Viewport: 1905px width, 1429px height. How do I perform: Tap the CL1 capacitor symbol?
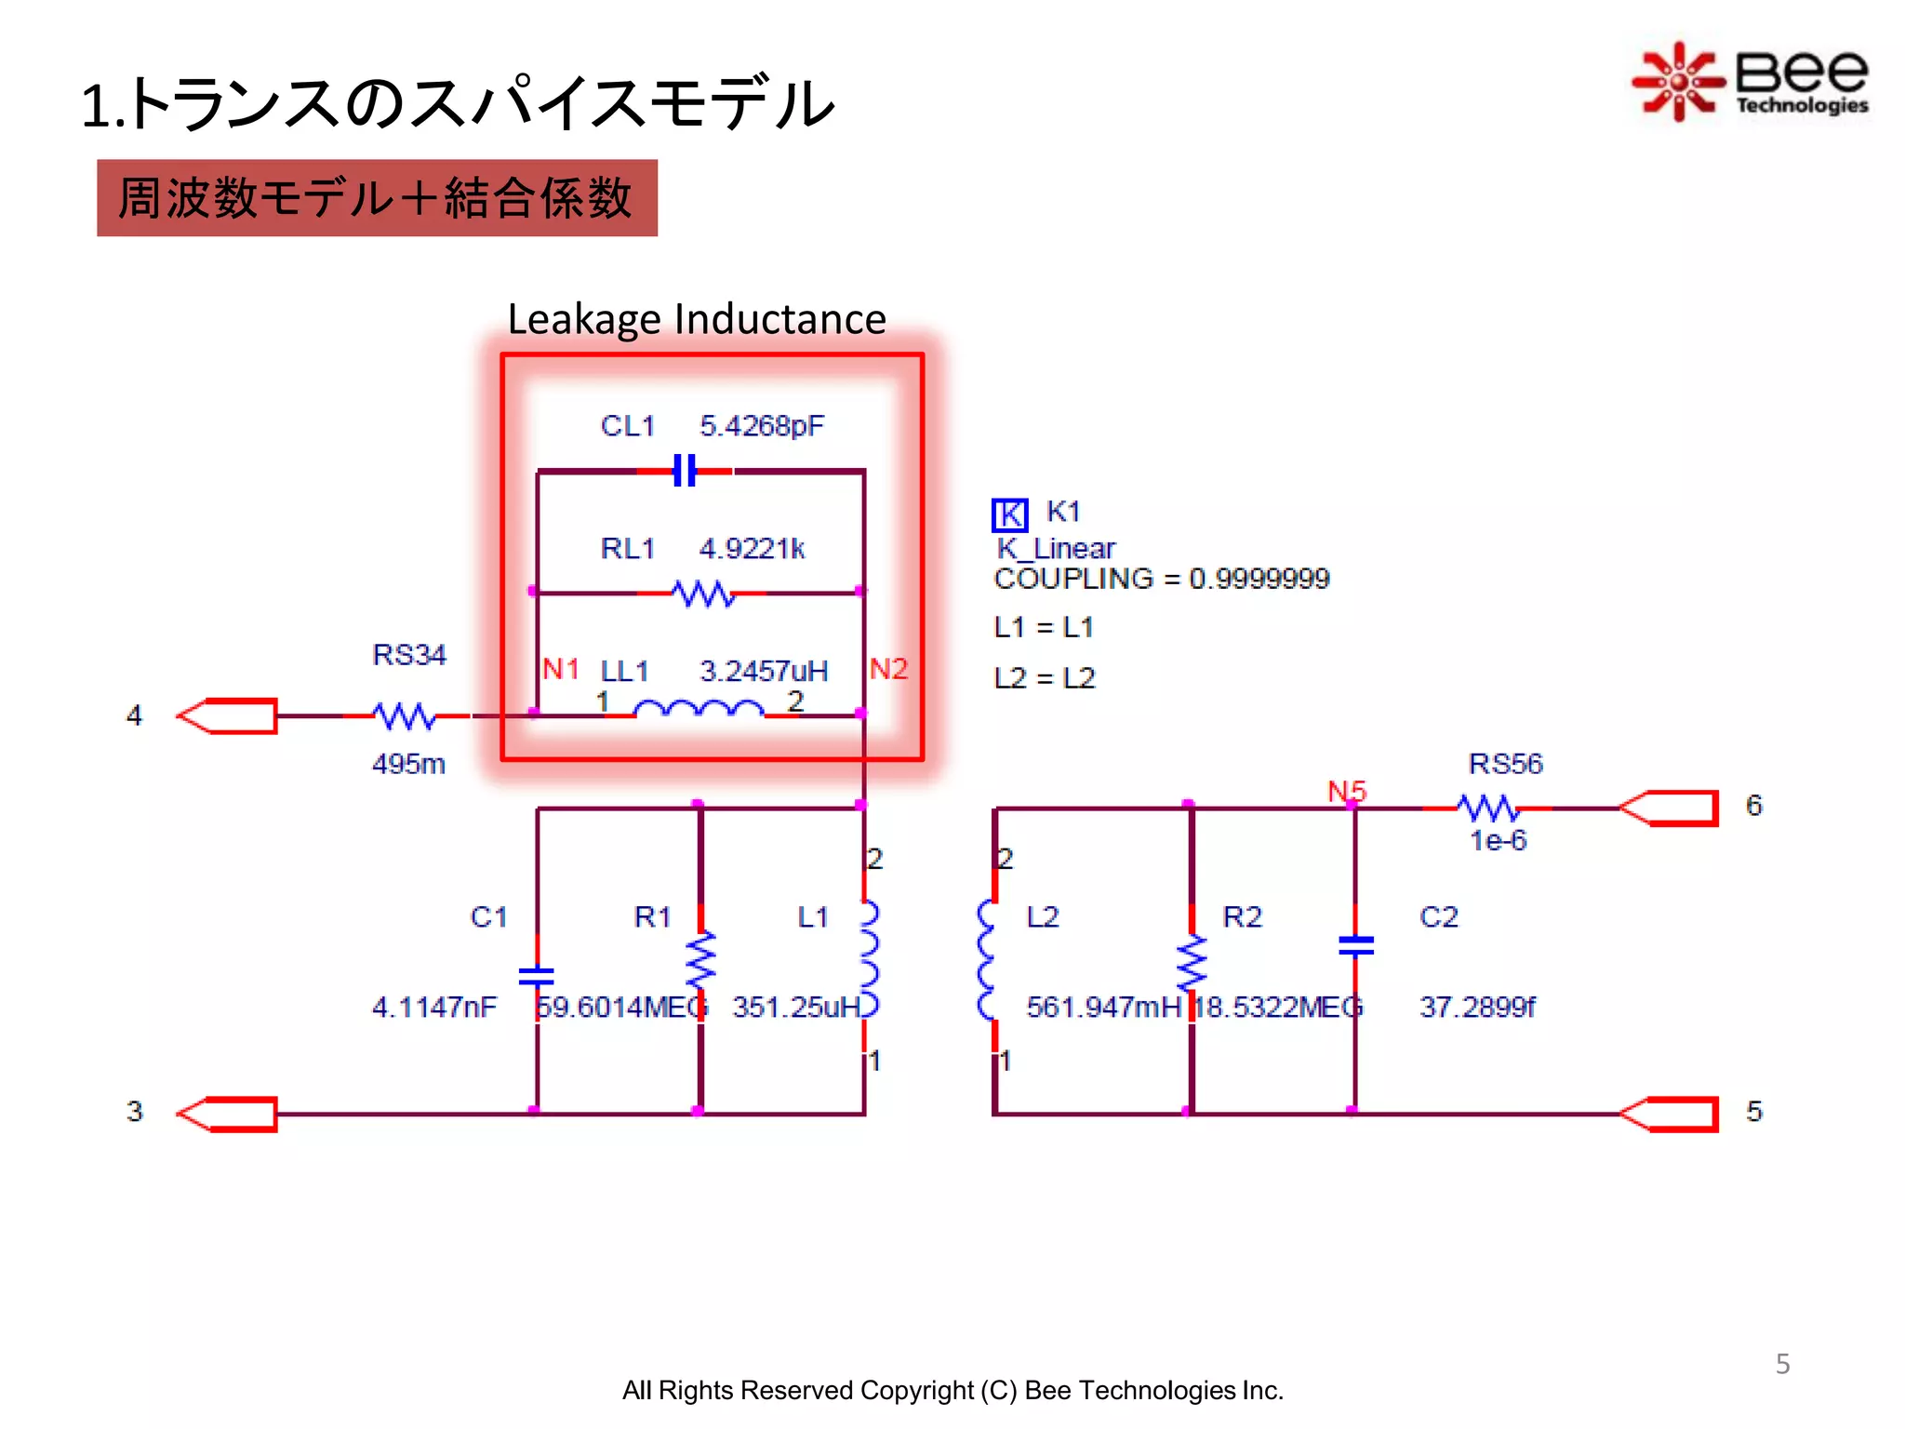click(685, 471)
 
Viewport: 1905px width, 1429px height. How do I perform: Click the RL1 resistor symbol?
click(703, 593)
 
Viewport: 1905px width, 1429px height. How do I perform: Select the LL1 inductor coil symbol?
click(699, 711)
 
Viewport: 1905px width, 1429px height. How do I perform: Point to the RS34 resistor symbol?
click(404, 715)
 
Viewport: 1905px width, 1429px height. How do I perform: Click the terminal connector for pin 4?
click(229, 715)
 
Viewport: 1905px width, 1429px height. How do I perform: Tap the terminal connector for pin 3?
click(229, 1114)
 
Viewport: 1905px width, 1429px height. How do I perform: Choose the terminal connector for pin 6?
click(1670, 808)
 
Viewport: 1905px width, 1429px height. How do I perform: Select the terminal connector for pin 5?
click(1670, 1114)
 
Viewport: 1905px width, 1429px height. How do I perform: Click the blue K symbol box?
click(1009, 514)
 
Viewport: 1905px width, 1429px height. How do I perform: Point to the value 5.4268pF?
click(761, 426)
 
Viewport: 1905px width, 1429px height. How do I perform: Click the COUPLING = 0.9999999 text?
click(1161, 579)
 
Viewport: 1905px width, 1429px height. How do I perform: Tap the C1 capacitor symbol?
click(537, 975)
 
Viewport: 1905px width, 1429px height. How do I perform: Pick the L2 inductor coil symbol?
click(987, 960)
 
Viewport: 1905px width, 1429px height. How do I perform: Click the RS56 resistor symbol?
click(1488, 808)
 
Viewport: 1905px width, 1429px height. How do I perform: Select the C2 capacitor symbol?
click(1355, 945)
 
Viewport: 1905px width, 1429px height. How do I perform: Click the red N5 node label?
click(1346, 791)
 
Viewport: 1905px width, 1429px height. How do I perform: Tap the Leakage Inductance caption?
click(696, 319)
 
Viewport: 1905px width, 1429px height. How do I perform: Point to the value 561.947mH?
click(1103, 1007)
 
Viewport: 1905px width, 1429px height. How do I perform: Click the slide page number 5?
click(1782, 1364)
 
